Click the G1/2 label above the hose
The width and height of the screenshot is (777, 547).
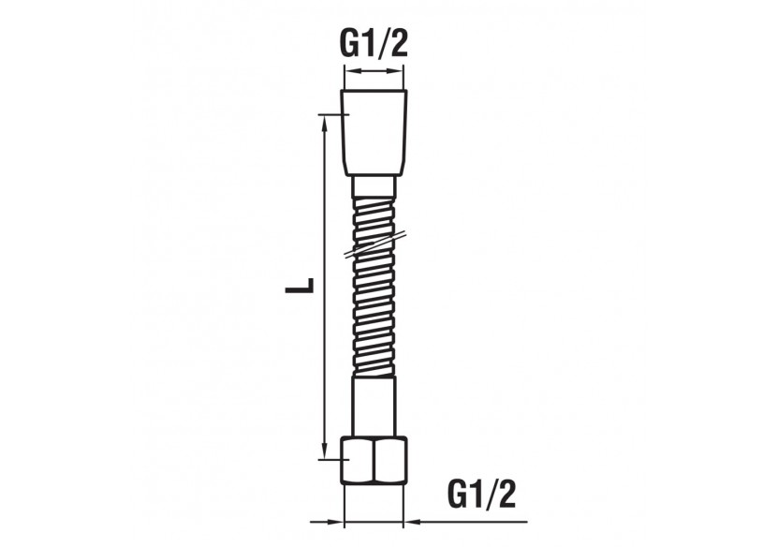(x=373, y=43)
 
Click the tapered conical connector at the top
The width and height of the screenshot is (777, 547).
(x=374, y=131)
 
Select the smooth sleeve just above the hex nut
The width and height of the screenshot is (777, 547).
(x=374, y=408)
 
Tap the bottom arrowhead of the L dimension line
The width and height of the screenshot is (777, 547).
(x=324, y=451)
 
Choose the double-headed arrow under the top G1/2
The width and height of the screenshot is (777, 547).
(x=374, y=72)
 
